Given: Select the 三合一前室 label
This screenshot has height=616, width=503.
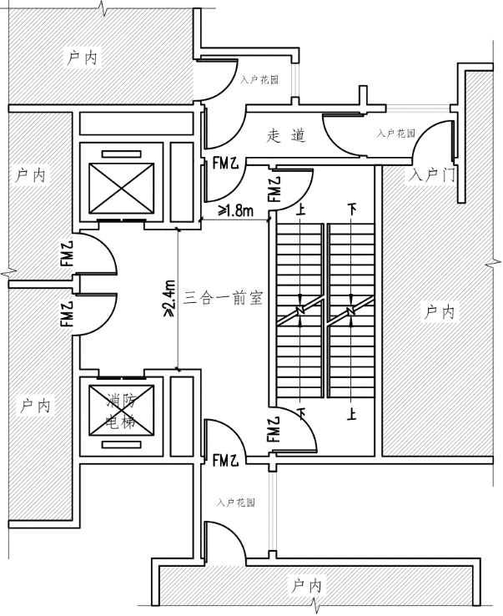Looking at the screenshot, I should pos(224,297).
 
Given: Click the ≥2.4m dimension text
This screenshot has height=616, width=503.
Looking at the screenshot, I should pos(169,298).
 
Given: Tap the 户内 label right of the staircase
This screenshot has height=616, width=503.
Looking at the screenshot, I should pos(439,312).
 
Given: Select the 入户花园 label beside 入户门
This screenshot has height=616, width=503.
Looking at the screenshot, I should pos(396,132).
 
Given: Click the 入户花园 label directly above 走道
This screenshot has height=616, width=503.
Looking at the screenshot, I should pos(258,81).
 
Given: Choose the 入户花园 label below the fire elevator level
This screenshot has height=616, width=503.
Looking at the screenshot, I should pos(235,503).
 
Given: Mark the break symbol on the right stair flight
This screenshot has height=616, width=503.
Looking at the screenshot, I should pos(351,312).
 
